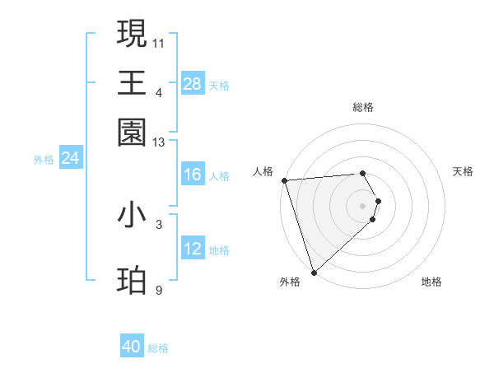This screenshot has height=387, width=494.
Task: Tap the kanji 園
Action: coord(132,132)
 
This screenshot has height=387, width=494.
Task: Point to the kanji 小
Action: coord(132,216)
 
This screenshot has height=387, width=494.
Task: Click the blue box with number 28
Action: coord(193,83)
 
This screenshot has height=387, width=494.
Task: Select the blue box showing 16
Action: coord(193,175)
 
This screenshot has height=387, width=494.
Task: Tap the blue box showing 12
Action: coord(193,249)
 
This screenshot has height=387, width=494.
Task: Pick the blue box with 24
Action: coord(71,158)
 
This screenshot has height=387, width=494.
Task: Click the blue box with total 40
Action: coord(132,347)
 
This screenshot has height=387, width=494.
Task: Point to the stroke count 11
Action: coord(159,43)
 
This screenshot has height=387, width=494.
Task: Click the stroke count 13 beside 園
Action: coord(159,143)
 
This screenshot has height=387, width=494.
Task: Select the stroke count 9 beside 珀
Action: coord(159,291)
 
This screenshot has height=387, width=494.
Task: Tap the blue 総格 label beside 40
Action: coord(158,348)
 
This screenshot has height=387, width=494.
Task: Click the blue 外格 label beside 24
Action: coord(44,160)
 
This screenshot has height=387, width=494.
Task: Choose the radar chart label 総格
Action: coord(363,107)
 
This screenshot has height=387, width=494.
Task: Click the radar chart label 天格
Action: coord(464,171)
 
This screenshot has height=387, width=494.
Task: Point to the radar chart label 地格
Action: coord(431,282)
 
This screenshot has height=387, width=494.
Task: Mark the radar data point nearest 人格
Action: coord(284,180)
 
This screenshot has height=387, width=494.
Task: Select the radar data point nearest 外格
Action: coord(314,273)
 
